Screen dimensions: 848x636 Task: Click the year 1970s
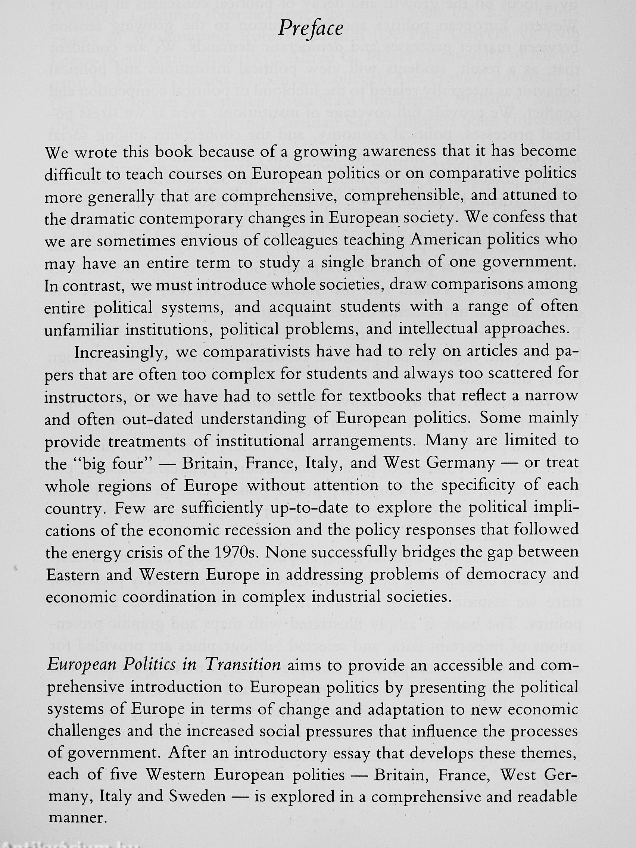(237, 552)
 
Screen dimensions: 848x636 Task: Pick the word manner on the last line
(76, 807)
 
